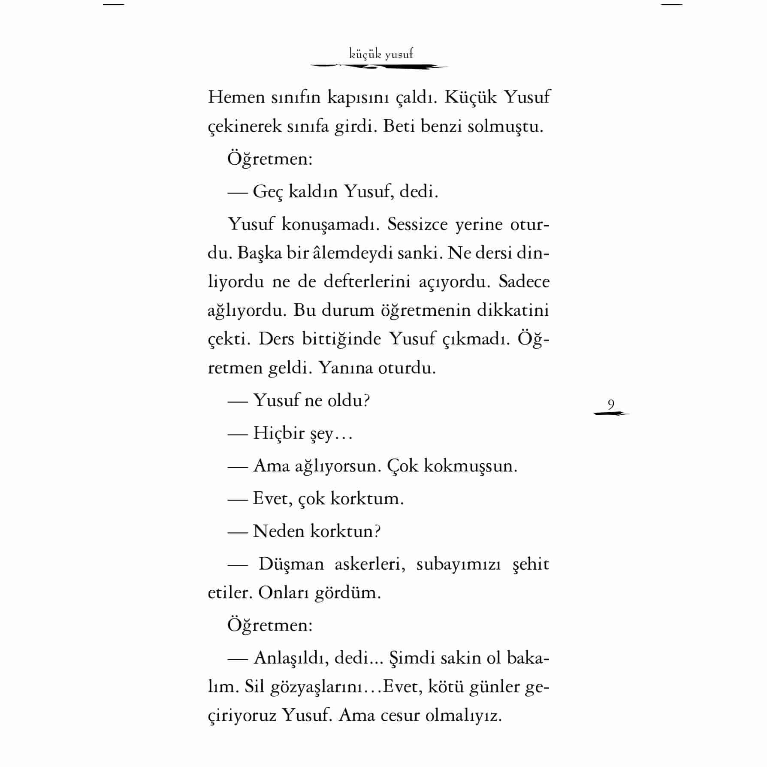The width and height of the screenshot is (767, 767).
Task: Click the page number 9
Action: (x=611, y=405)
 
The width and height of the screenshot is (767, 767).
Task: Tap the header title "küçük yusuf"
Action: (x=381, y=54)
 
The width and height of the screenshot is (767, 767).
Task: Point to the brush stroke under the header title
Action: (x=379, y=66)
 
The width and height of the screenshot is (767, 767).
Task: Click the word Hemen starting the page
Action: (x=236, y=97)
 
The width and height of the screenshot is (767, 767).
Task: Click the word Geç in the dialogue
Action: (x=268, y=191)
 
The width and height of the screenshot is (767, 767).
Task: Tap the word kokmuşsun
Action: (x=470, y=466)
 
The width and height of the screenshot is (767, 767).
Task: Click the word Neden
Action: (x=278, y=531)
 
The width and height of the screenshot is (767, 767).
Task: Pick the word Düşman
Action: (x=291, y=564)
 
